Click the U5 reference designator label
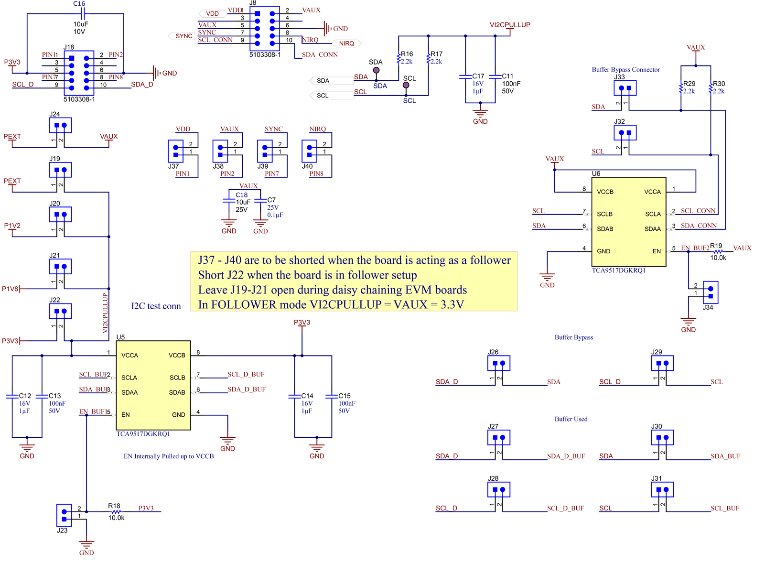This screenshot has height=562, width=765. pyautogui.click(x=120, y=337)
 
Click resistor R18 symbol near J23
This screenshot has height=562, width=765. pyautogui.click(x=116, y=512)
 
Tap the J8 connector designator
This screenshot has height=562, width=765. pyautogui.click(x=253, y=3)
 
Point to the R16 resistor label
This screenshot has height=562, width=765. pyautogui.click(x=407, y=54)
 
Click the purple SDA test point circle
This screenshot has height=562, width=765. pyautogui.click(x=376, y=70)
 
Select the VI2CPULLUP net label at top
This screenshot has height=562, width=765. pyautogui.click(x=510, y=25)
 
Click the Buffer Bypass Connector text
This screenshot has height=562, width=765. pyautogui.click(x=625, y=69)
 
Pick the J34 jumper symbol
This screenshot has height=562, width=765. pyautogui.click(x=711, y=292)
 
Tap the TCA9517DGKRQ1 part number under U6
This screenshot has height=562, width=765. pyautogui.click(x=618, y=270)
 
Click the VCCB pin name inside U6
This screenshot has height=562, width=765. pyautogui.click(x=605, y=192)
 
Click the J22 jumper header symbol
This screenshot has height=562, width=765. pyautogui.click(x=60, y=311)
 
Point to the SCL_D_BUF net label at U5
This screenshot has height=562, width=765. pyautogui.click(x=246, y=374)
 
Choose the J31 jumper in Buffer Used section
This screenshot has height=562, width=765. pyautogui.click(x=662, y=490)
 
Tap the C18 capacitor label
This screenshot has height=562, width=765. pyautogui.click(x=241, y=195)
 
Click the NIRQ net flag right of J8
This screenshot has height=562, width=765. pyautogui.click(x=346, y=43)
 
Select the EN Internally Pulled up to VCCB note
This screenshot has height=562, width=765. pyautogui.click(x=169, y=456)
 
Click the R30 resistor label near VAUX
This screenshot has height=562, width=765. pyautogui.click(x=719, y=84)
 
